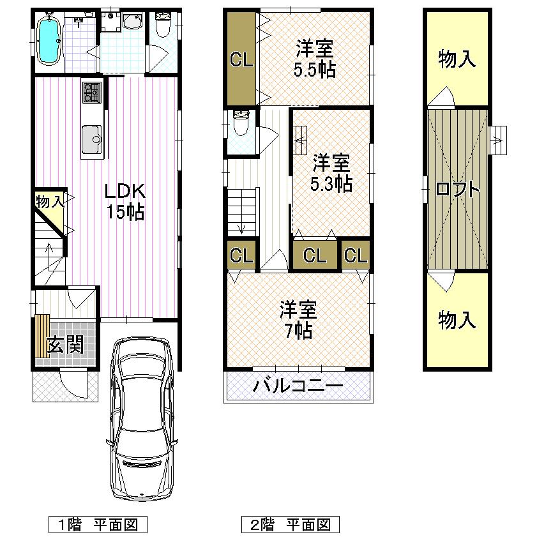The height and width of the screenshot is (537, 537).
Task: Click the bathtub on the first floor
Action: pos(49,40)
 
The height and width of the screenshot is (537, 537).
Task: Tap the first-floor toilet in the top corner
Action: pos(162,26)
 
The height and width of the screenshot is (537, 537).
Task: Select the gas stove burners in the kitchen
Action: pos(90,93)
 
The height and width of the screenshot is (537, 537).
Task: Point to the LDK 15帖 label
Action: pos(125,201)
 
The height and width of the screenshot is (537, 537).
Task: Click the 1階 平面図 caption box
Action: pos(98,525)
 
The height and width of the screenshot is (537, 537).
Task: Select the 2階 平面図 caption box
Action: pos(291,525)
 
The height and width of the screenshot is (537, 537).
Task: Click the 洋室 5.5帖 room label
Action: pos(315,59)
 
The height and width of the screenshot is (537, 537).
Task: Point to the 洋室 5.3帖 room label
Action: pos(331,172)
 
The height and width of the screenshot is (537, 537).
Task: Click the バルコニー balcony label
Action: pos(298,386)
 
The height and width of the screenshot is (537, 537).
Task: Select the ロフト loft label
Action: pos(457,190)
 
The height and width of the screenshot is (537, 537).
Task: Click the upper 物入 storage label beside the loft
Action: pos(457,60)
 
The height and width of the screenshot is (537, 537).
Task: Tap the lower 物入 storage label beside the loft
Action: pos(457,320)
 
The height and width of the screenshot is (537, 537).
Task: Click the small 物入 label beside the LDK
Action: pos(49,202)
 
